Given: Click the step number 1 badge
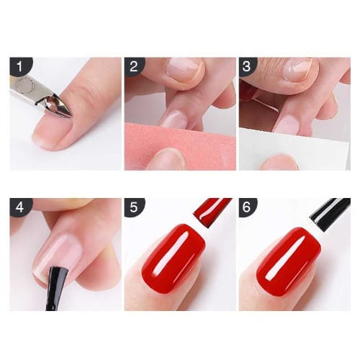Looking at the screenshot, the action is pyautogui.click(x=20, y=66).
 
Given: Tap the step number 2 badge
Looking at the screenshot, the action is pyautogui.click(x=134, y=66).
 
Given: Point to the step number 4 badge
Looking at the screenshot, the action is pyautogui.click(x=20, y=207).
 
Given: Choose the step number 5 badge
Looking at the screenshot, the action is pyautogui.click(x=134, y=207).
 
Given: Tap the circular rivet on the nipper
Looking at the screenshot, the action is pyautogui.click(x=24, y=84).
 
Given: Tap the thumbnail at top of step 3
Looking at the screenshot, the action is pyautogui.click(x=298, y=68).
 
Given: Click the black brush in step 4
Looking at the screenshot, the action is pyautogui.click(x=56, y=288).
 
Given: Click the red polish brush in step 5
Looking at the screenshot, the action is pyautogui.click(x=212, y=211).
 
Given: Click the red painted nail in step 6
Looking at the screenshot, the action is pyautogui.click(x=289, y=261).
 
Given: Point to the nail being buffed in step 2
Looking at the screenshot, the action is pyautogui.click(x=174, y=118).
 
